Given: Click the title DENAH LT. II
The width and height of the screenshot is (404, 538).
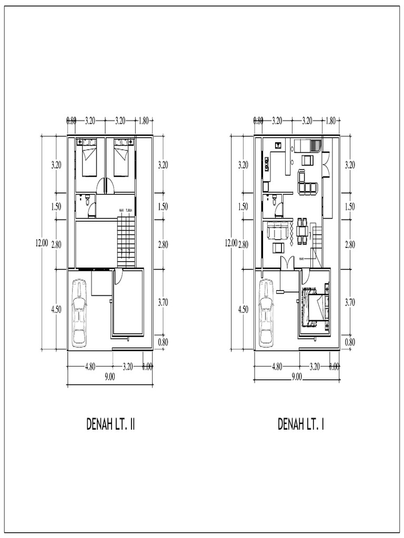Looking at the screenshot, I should (x=111, y=424).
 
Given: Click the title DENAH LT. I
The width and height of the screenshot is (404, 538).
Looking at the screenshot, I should (x=301, y=424).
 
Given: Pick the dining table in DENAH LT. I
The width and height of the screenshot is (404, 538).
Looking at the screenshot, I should (x=302, y=231).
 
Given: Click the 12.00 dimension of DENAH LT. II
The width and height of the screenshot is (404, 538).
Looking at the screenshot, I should (x=42, y=243).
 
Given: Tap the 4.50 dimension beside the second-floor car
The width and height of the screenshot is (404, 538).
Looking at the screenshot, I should (x=56, y=309).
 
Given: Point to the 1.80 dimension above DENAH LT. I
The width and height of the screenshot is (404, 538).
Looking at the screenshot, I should (x=330, y=120).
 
